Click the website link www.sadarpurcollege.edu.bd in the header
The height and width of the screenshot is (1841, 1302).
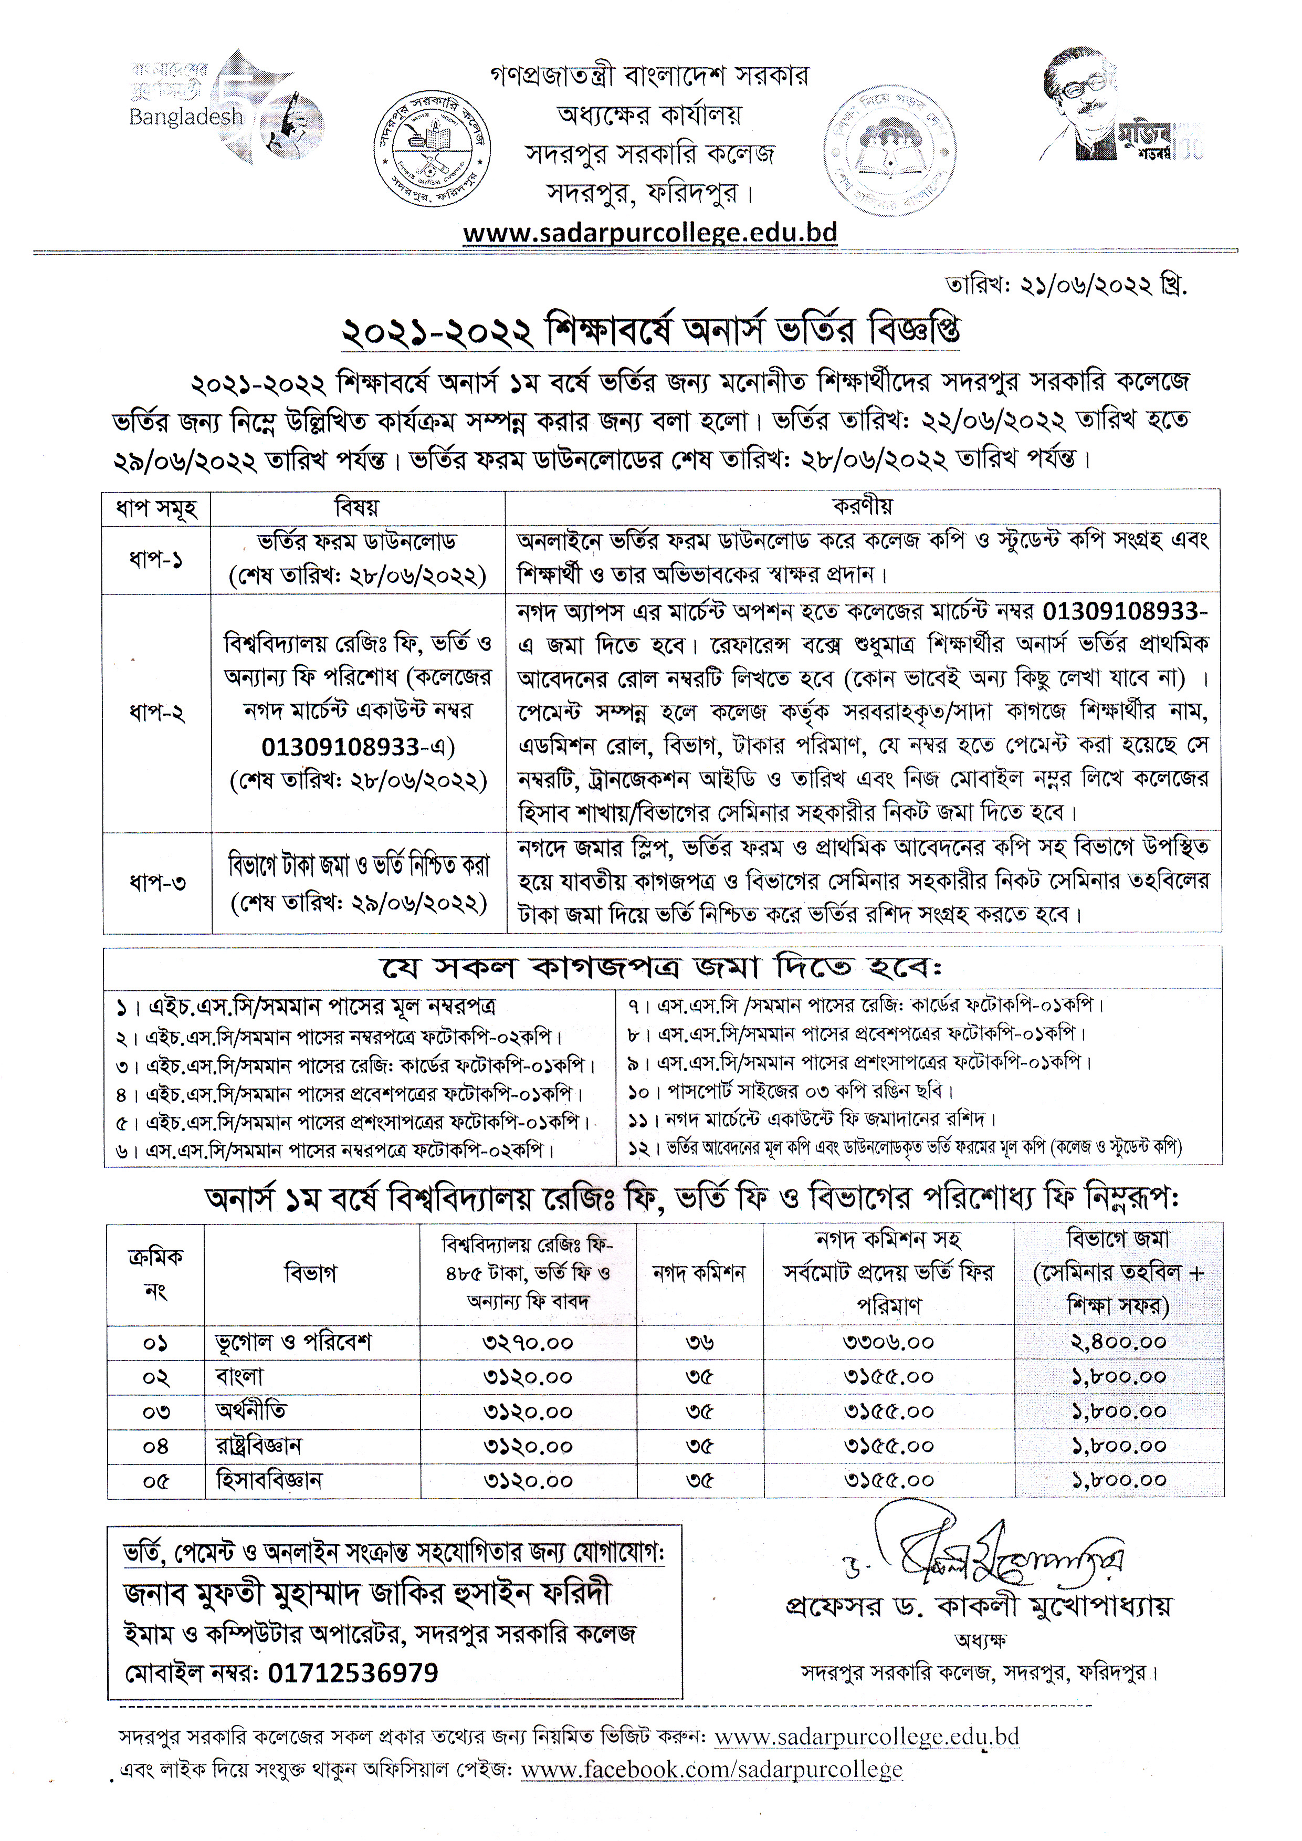[650, 233]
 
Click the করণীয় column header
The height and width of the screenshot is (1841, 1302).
[863, 507]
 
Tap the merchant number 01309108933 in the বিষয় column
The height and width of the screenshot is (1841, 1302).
[341, 747]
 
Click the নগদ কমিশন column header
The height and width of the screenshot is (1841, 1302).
[699, 1272]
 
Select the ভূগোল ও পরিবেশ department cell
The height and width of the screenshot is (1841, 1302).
[293, 1342]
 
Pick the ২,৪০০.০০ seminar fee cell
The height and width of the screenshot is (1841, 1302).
[1118, 1342]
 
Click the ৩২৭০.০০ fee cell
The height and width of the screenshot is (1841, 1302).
[528, 1342]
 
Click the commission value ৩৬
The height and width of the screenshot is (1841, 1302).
[700, 1342]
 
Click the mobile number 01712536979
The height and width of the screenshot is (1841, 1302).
[353, 1672]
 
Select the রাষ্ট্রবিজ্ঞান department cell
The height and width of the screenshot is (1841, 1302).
[259, 1446]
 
